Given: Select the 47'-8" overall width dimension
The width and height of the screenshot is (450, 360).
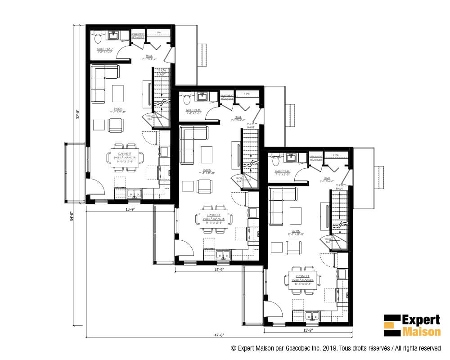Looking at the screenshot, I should (219, 335).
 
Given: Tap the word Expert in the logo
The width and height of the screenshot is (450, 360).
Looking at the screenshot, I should (420, 320).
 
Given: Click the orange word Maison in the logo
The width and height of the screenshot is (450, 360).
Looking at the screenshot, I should (420, 332).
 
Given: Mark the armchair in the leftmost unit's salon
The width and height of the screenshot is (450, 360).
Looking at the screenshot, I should (116, 125).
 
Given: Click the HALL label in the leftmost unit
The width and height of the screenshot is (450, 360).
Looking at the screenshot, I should (149, 56).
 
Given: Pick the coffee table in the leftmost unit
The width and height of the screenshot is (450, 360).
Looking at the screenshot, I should (118, 94).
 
